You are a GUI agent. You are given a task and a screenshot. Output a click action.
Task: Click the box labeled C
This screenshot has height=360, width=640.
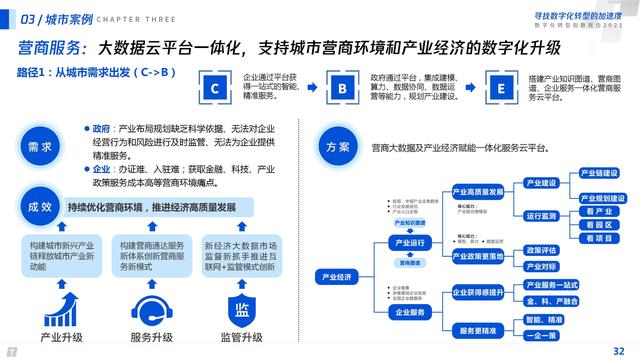pos(215,88)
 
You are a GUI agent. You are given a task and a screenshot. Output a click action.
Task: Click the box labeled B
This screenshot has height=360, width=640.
pos(343,88)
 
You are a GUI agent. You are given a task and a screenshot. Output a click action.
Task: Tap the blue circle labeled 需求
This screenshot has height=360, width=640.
pos(39,147)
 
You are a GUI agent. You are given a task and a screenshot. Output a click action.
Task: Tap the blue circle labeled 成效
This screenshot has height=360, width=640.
pos(39,206)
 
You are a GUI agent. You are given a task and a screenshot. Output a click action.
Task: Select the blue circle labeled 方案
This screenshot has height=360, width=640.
pos(337,147)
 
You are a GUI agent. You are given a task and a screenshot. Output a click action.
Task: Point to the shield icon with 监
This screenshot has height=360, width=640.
pos(241,304)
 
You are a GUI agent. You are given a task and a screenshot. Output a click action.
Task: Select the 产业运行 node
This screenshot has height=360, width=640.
pos(408,242)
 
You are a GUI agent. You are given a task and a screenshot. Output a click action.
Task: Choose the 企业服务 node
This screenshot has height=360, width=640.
pos(408,311)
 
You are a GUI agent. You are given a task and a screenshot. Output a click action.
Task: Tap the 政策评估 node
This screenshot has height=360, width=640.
pos(541,250)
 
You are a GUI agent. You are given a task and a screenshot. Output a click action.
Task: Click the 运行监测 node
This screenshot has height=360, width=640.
pos(541,215)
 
